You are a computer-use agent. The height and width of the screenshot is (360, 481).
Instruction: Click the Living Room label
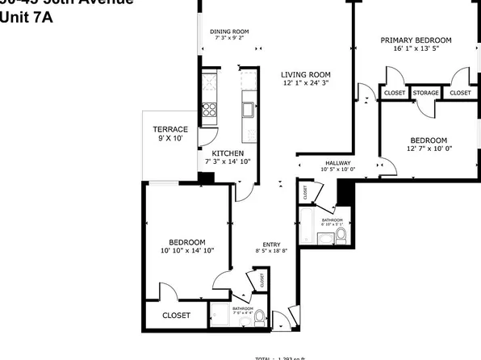(x=306, y=74)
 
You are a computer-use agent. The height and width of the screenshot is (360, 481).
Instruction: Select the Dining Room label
(x=232, y=31)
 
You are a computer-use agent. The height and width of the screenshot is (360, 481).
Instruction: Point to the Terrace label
(x=170, y=129)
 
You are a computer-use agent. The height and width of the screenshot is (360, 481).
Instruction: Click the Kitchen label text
(x=228, y=153)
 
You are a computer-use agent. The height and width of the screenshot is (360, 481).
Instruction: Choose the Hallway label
(x=338, y=162)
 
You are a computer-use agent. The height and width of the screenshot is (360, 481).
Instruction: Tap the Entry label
(x=270, y=245)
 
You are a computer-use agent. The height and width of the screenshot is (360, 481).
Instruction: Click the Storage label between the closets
(x=425, y=93)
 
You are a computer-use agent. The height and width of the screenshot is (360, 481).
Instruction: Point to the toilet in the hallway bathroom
(x=341, y=235)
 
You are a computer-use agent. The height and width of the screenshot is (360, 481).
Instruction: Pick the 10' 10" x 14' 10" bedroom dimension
(x=186, y=250)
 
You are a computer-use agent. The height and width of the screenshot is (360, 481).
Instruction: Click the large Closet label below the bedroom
(x=176, y=315)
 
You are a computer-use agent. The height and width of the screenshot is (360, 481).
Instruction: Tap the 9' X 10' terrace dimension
(x=170, y=138)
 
